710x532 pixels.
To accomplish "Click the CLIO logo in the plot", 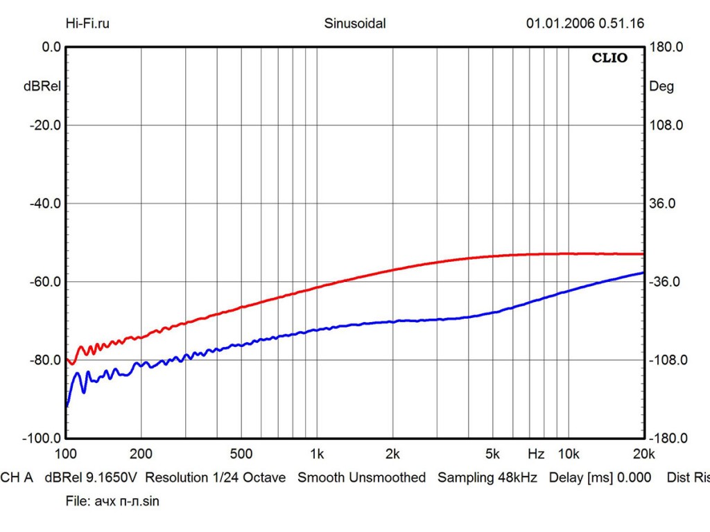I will tap(609, 58).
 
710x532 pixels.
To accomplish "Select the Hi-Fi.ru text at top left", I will tap(87, 24).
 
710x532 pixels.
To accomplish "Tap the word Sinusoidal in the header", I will tap(355, 24).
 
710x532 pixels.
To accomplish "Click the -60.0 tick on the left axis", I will tap(46, 282).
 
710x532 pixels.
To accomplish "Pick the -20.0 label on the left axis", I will tap(46, 125).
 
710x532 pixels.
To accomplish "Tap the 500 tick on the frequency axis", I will tap(241, 454).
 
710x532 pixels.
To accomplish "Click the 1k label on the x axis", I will tap(316, 454).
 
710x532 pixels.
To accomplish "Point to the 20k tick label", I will tap(643, 454).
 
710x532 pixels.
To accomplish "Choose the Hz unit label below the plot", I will tap(535, 454).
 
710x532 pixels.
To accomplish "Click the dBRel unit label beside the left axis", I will tap(42, 87).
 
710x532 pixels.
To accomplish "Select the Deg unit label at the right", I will tap(661, 87).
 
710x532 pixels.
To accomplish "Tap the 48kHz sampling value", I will tap(520, 478).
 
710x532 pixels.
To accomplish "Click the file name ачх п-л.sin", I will tap(126, 501).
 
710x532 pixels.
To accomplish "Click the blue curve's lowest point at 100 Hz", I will tap(66, 406).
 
